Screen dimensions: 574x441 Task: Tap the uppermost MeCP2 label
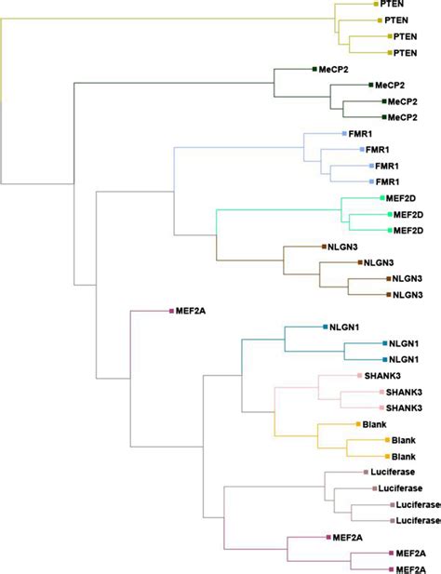coord(334,69)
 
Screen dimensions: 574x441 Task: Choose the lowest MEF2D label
coord(407,230)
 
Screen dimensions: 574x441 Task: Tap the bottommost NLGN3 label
coord(408,294)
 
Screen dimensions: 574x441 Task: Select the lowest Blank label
coord(403,456)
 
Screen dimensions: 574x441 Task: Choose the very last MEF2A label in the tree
coord(410,568)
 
